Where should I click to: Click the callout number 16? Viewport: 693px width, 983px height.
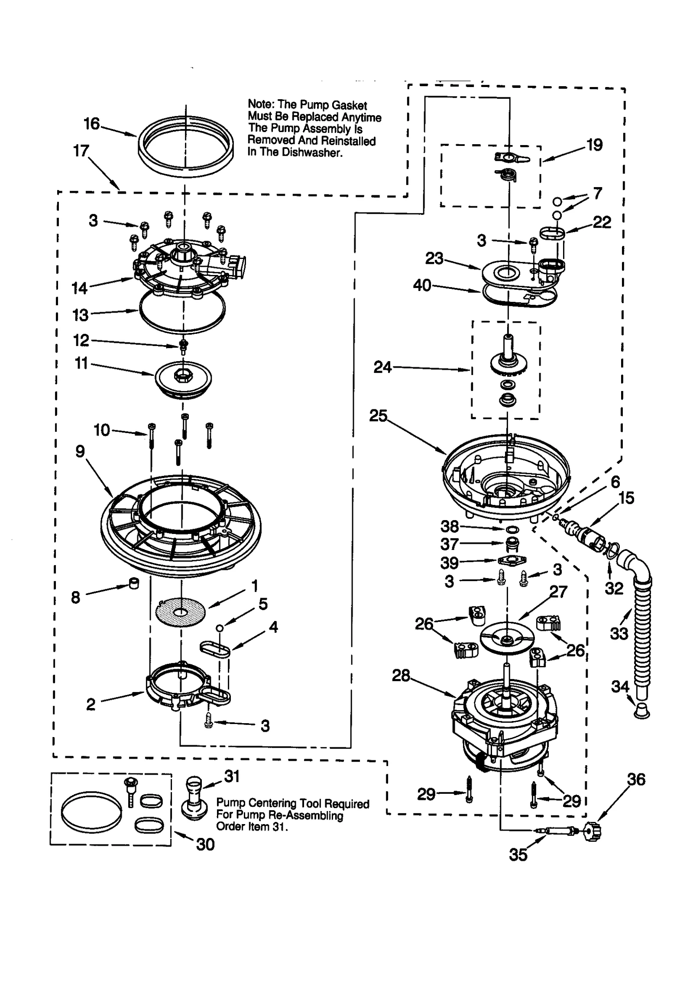[x=91, y=124]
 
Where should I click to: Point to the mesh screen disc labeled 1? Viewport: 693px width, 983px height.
[x=180, y=611]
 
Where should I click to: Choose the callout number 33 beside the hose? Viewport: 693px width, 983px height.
[x=619, y=634]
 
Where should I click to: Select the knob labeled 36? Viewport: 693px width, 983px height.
[x=593, y=831]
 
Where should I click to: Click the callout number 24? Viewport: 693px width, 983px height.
[x=382, y=368]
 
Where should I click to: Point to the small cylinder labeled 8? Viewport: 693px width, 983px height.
[x=134, y=583]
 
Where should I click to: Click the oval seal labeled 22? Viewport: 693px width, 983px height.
[x=553, y=233]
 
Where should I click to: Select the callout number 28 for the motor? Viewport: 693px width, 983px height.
[x=401, y=676]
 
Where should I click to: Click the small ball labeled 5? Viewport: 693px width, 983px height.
[x=220, y=628]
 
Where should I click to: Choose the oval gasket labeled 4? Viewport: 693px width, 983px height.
[x=215, y=650]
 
